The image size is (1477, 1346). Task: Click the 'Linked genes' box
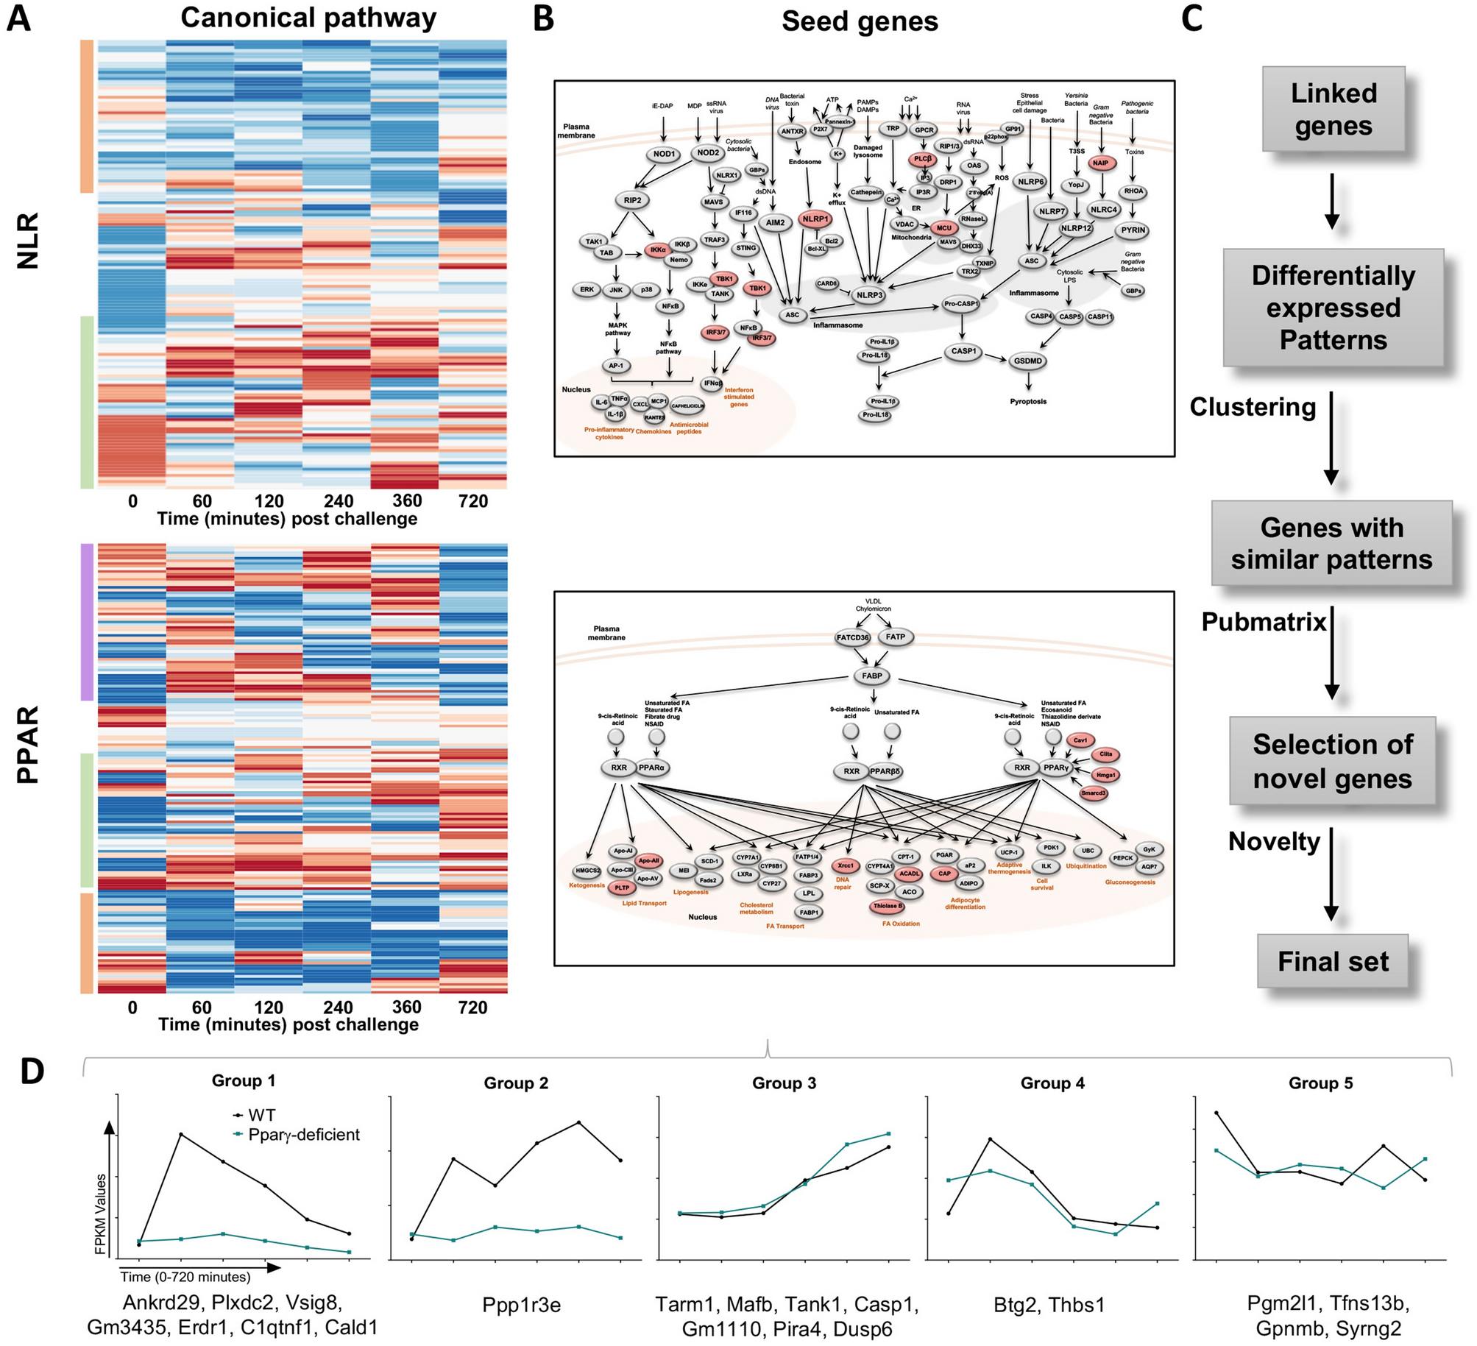(x=1333, y=109)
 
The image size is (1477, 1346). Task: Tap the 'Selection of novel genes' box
(x=1332, y=761)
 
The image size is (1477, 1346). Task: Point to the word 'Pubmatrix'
(x=1263, y=622)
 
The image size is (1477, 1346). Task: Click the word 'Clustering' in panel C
(x=1253, y=407)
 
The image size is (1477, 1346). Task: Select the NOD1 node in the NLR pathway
(x=663, y=155)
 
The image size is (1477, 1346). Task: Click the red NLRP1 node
(x=815, y=219)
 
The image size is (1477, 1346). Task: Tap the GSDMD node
(x=1027, y=361)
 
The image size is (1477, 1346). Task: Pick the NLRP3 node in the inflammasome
(x=869, y=295)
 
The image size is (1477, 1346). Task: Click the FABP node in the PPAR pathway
(x=871, y=676)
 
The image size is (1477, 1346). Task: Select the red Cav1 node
(x=1080, y=740)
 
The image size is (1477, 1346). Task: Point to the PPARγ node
(x=1055, y=768)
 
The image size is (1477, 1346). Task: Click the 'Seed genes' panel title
(x=860, y=21)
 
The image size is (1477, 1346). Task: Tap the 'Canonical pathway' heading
(x=308, y=18)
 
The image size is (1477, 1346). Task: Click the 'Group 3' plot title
(x=784, y=1083)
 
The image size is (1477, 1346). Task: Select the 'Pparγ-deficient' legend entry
(x=303, y=1135)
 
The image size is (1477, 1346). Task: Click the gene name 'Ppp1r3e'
(x=521, y=1305)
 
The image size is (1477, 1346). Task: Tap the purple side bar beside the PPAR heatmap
(x=87, y=622)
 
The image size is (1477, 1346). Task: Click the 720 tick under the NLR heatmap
(x=472, y=501)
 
